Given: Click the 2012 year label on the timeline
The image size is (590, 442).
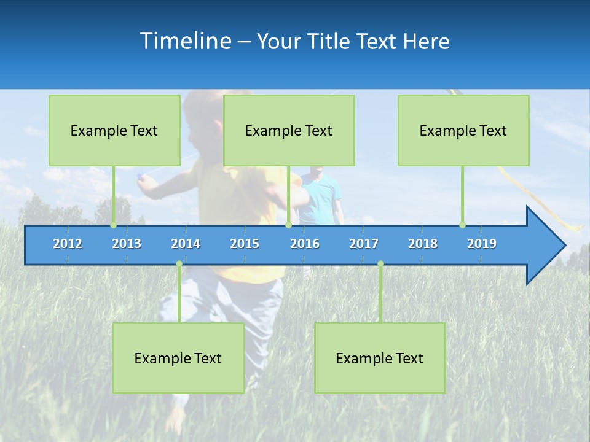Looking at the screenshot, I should (x=68, y=244).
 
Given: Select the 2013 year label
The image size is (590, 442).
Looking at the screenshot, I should (x=127, y=244).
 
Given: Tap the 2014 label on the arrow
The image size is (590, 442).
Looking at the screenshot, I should (x=186, y=244).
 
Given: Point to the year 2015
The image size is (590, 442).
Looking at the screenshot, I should (x=245, y=244).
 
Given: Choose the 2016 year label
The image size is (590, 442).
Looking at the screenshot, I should (x=305, y=244).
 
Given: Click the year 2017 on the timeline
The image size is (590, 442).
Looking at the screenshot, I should (x=364, y=244).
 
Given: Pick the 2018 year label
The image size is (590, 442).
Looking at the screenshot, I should (x=423, y=244).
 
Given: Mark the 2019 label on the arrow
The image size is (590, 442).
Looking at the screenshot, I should (x=482, y=244).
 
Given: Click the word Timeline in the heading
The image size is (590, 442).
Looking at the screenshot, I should (x=185, y=41).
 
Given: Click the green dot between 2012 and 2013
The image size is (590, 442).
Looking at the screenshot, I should (x=113, y=225).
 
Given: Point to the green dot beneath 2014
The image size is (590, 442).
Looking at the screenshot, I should (x=179, y=264).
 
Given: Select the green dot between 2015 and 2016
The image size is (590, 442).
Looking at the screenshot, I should (x=288, y=225).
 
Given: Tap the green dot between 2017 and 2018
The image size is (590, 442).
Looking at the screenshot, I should (x=380, y=264).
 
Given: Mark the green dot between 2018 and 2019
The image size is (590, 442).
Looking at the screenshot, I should (x=462, y=225).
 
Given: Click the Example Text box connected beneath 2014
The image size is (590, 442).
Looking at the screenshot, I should (x=178, y=358).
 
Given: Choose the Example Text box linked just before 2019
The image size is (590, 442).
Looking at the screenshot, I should (x=463, y=130).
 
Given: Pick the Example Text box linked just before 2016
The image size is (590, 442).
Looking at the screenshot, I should (x=289, y=130).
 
